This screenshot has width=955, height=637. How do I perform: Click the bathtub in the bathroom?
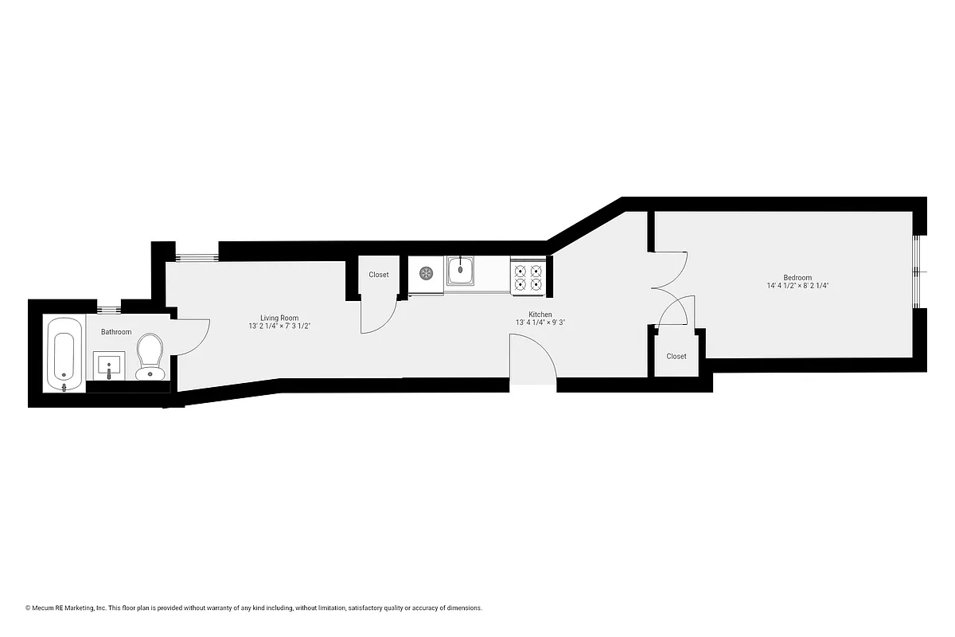pyautogui.click(x=63, y=355)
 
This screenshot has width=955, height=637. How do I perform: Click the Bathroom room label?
pyautogui.click(x=116, y=332)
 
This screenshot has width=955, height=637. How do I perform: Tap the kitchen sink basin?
pyautogui.click(x=460, y=272)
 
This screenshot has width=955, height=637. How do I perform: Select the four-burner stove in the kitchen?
pyautogui.click(x=528, y=276)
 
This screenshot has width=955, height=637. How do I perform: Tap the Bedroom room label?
pyautogui.click(x=797, y=278)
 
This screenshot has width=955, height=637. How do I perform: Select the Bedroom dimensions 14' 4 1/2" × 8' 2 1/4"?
pyautogui.click(x=797, y=286)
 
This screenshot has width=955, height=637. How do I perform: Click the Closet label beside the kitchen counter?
pyautogui.click(x=379, y=275)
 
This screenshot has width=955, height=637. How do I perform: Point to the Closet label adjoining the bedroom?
pyautogui.click(x=676, y=356)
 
